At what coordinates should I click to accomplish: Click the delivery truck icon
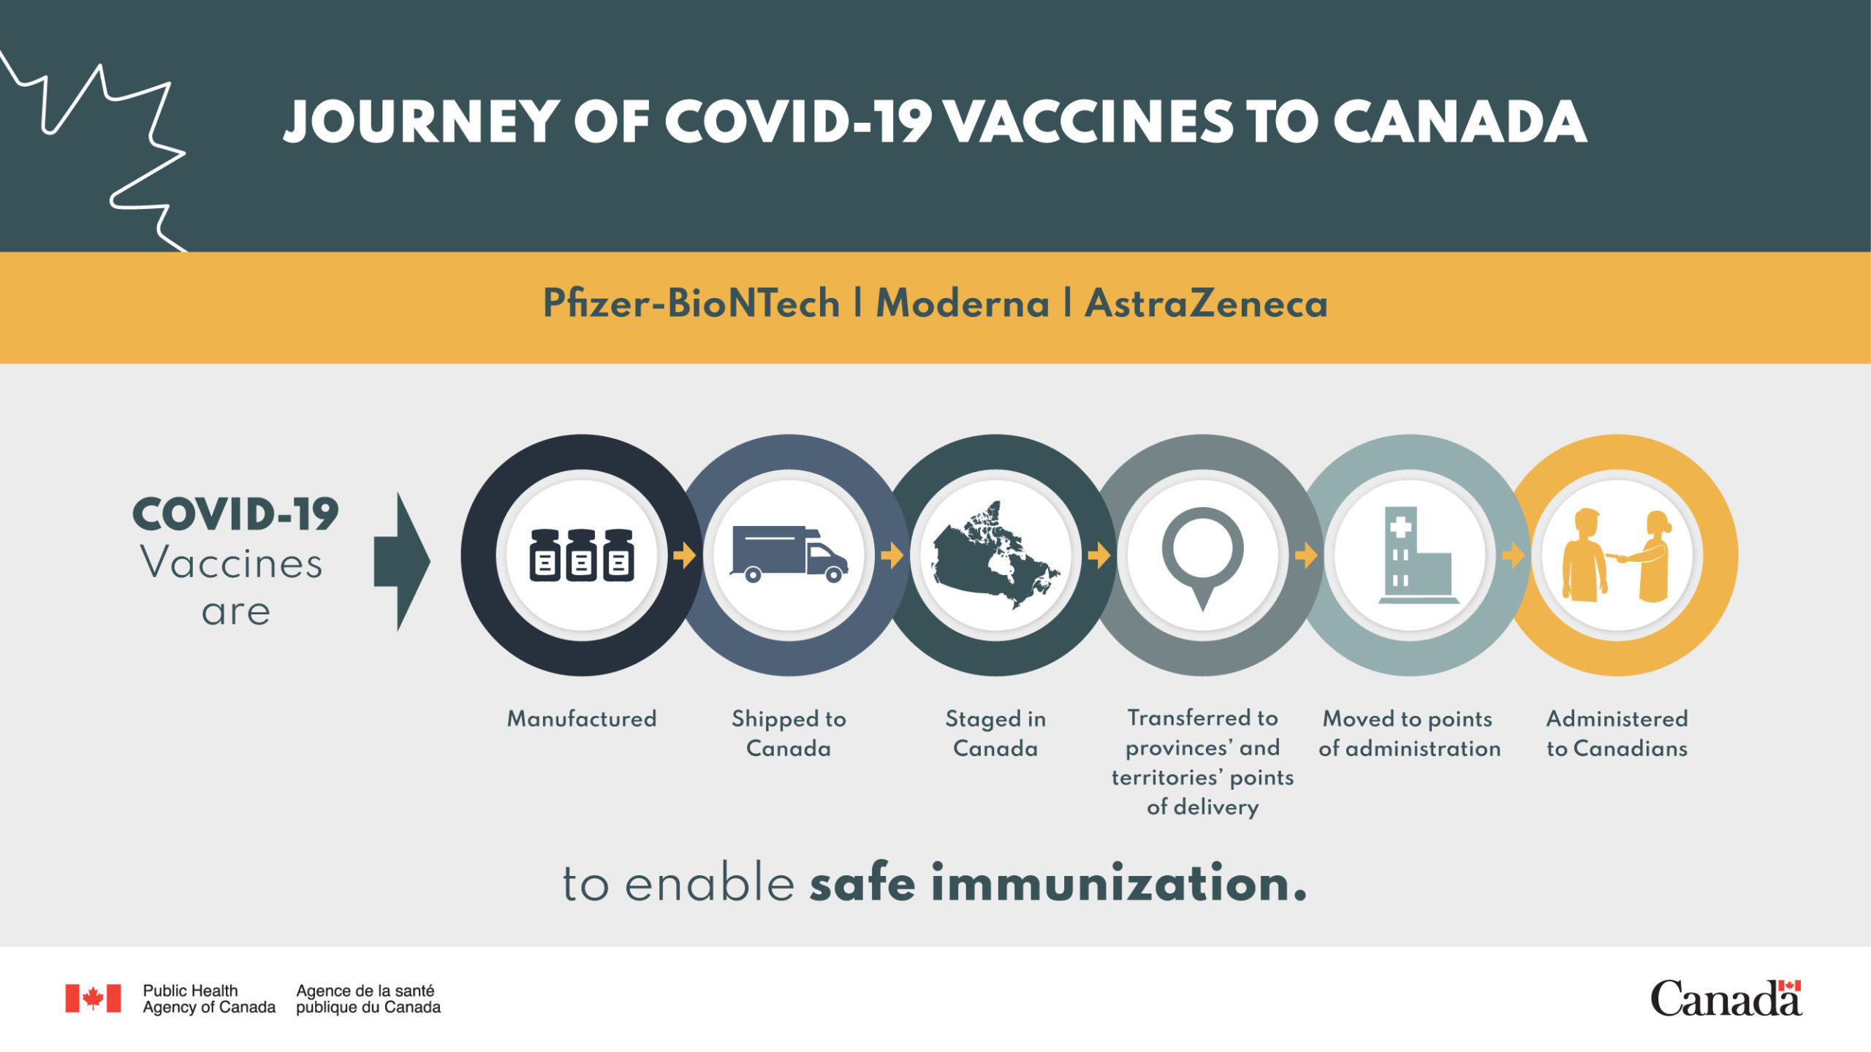pos(789,554)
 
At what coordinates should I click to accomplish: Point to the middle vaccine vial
pos(582,555)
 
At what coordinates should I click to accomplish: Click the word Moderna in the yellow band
pos(963,303)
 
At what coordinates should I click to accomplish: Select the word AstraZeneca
pos(1206,303)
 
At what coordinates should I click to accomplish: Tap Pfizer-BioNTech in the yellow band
pos(691,303)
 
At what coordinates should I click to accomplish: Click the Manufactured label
pos(582,719)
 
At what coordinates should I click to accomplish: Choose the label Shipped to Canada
pos(789,733)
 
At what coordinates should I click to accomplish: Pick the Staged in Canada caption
pos(995,733)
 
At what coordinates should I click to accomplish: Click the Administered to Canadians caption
pos(1617,733)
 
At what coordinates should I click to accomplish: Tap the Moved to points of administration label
pos(1409,733)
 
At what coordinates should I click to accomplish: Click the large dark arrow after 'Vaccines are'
pos(402,561)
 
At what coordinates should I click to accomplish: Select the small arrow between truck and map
pos(892,556)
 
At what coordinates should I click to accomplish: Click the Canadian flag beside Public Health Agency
pos(93,998)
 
